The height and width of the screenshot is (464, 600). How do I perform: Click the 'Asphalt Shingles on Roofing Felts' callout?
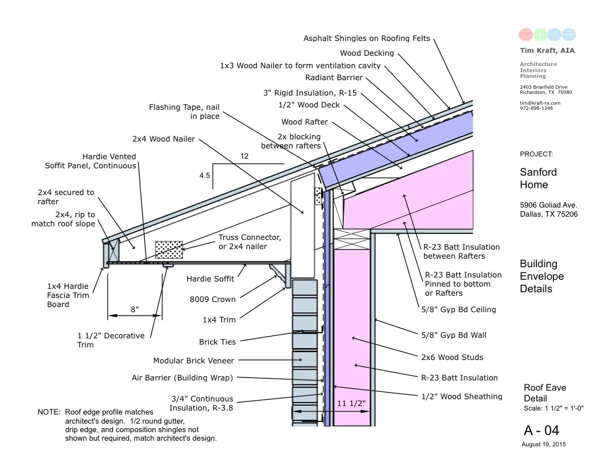366,39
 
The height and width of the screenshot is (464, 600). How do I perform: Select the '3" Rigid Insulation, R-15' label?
310,93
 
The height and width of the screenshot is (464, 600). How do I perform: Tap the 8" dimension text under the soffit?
134,309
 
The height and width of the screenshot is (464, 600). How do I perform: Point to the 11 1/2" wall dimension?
351,403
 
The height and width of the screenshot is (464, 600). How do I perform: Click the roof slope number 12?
245,156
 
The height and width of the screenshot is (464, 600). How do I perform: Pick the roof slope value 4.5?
205,176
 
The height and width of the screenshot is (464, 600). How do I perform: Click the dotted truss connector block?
169,250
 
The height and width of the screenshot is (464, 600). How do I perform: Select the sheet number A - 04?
543,430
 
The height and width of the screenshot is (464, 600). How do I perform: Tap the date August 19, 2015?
544,444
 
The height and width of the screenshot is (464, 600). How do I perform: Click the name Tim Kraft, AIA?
547,51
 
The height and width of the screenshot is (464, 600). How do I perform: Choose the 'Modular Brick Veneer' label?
193,361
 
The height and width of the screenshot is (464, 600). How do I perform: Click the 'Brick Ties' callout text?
217,342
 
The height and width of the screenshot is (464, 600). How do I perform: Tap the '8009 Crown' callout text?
213,299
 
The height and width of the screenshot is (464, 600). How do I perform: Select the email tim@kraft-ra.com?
540,103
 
